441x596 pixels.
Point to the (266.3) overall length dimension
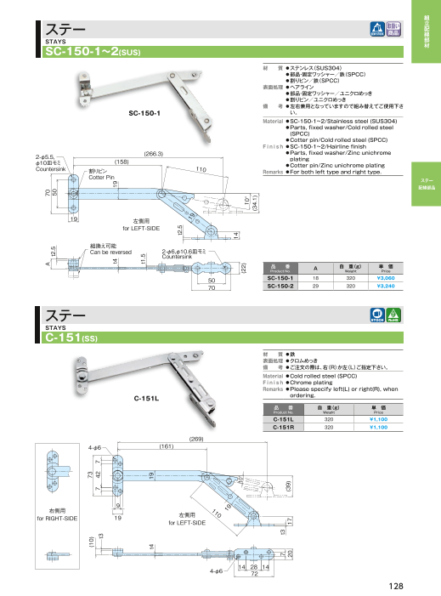(x=154, y=153)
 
